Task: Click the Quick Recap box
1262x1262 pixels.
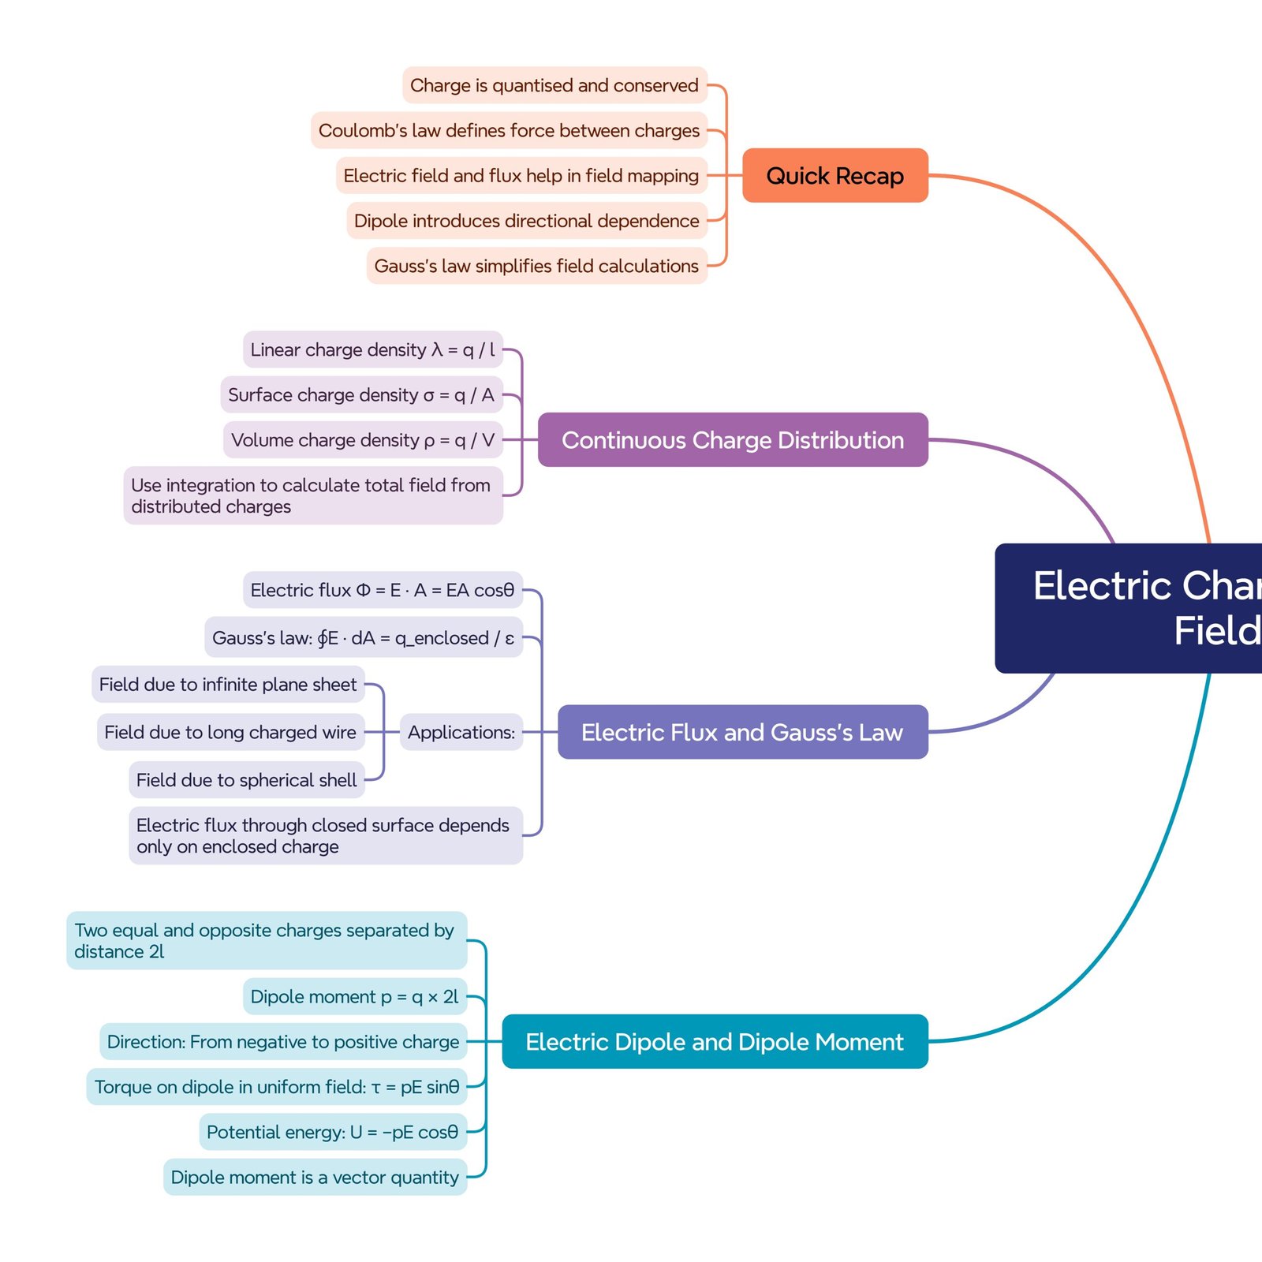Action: click(834, 175)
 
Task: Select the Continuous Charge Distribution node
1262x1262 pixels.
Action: click(732, 439)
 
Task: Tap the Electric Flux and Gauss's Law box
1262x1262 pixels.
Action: click(741, 732)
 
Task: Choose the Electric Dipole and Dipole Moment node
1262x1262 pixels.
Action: click(714, 1041)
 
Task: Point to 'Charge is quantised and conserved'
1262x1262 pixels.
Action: click(554, 85)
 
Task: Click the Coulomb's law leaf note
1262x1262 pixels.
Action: click(509, 130)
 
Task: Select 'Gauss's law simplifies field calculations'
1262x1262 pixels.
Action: click(536, 266)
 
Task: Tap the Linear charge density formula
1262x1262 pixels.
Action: click(372, 349)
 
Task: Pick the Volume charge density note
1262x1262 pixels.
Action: click(363, 439)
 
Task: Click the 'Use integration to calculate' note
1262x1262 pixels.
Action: click(312, 495)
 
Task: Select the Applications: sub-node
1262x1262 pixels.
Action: click(461, 732)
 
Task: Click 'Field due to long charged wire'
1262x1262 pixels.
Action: click(230, 732)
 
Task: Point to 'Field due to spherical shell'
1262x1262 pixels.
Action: click(246, 779)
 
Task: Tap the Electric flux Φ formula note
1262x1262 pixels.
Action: click(382, 590)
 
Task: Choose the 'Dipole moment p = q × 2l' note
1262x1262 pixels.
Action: click(354, 996)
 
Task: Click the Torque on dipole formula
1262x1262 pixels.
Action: click(276, 1087)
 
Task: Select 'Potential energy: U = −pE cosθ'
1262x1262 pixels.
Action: click(332, 1132)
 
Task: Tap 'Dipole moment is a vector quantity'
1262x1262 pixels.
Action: click(315, 1177)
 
